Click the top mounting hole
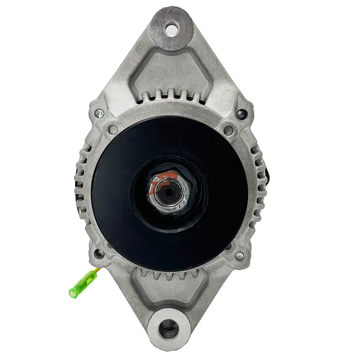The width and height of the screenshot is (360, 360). (171, 30)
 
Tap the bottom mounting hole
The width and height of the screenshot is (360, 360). (168, 324)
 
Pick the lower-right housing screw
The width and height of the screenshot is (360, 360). (239, 256)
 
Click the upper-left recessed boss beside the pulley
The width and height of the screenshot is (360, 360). (113, 129)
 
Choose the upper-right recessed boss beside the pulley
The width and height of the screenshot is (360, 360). (229, 130)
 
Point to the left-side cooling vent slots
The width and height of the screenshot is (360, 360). (83, 184)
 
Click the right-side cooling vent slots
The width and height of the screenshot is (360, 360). (258, 184)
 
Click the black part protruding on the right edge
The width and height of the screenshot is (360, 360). (268, 171)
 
